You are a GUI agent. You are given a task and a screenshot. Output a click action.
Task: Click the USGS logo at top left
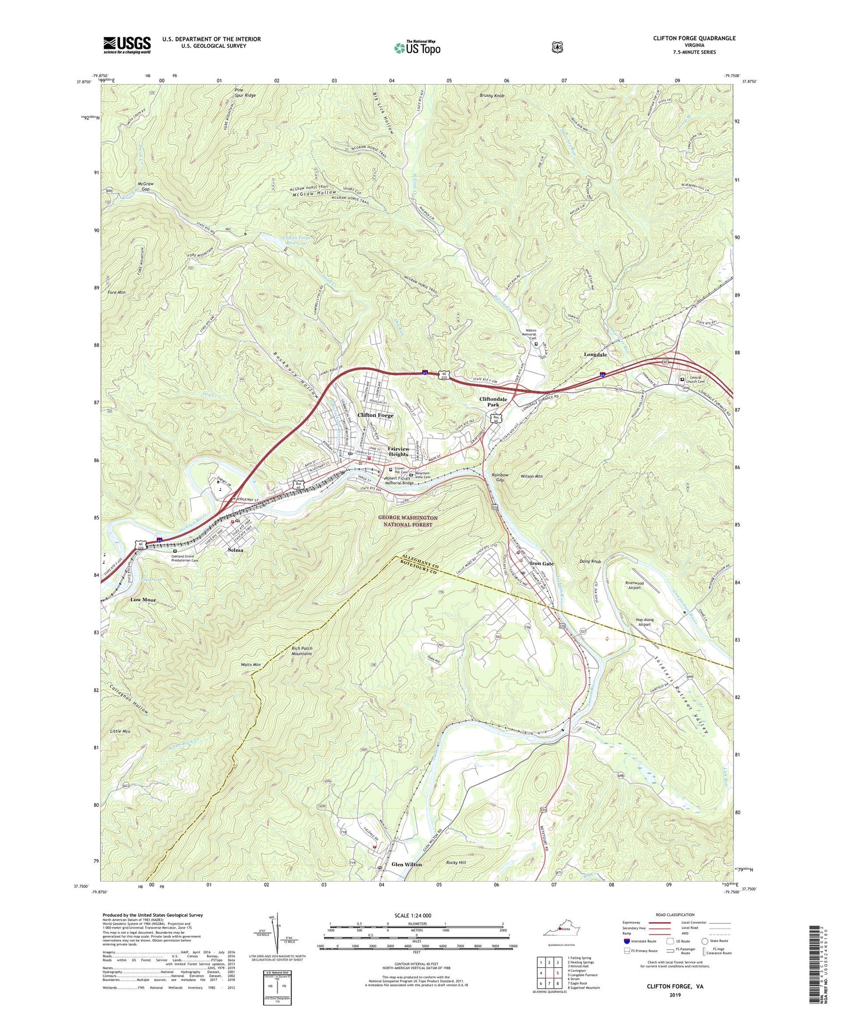127,45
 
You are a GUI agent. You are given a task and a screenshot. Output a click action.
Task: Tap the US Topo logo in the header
417,48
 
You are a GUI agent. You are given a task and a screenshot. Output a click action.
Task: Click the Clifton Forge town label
375,415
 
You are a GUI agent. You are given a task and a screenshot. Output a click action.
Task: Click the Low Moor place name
143,600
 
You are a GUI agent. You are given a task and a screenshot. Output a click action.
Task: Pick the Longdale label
595,355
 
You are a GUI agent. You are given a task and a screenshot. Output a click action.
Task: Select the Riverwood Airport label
634,586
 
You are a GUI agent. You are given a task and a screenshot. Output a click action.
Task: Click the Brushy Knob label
492,96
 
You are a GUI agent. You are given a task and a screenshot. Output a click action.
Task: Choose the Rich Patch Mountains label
302,651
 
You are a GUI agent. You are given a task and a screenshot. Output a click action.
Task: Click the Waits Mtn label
250,665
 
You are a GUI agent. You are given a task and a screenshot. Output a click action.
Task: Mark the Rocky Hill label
456,862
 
